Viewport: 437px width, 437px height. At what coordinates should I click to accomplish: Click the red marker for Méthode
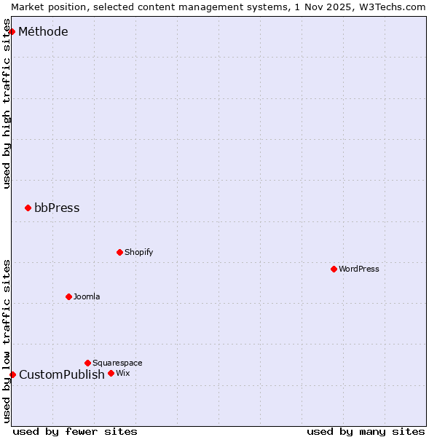pos(12,31)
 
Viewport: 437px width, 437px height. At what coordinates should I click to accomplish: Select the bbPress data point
pos(28,208)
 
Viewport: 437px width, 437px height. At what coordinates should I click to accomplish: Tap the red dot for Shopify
pos(119,252)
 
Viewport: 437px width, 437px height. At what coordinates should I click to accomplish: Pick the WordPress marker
pos(334,269)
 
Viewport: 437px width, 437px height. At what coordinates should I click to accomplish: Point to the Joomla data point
pos(68,296)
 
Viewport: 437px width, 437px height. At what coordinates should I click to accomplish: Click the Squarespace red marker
pos(87,363)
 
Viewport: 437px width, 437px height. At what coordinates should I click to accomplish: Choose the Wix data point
pos(111,373)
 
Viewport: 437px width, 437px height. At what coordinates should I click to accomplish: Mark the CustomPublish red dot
pos(12,374)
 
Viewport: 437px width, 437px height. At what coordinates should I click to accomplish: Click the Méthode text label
pos(43,31)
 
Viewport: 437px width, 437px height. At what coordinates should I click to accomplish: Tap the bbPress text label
pos(57,208)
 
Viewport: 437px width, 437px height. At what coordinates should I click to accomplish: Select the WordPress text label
pos(359,269)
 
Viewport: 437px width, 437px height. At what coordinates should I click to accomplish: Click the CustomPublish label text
pos(62,375)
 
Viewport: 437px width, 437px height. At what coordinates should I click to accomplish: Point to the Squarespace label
pos(117,363)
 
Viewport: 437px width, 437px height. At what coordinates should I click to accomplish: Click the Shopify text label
pos(138,252)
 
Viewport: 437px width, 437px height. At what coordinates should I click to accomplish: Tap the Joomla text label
pos(87,296)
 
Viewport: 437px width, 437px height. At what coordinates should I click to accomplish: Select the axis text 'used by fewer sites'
pos(75,431)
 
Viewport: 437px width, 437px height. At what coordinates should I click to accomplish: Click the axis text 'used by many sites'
pos(366,431)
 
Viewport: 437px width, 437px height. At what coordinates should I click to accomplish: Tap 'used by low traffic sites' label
pos(7,341)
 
